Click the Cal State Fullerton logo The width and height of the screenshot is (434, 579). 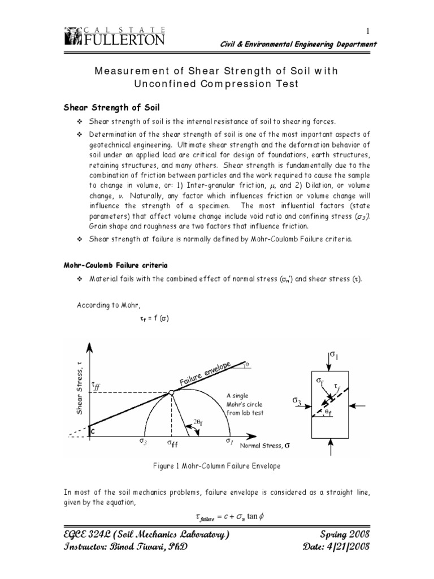[x=116, y=36]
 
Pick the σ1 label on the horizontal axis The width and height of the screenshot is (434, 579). [x=229, y=441]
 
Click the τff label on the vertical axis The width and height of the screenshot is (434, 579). [x=96, y=387]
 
